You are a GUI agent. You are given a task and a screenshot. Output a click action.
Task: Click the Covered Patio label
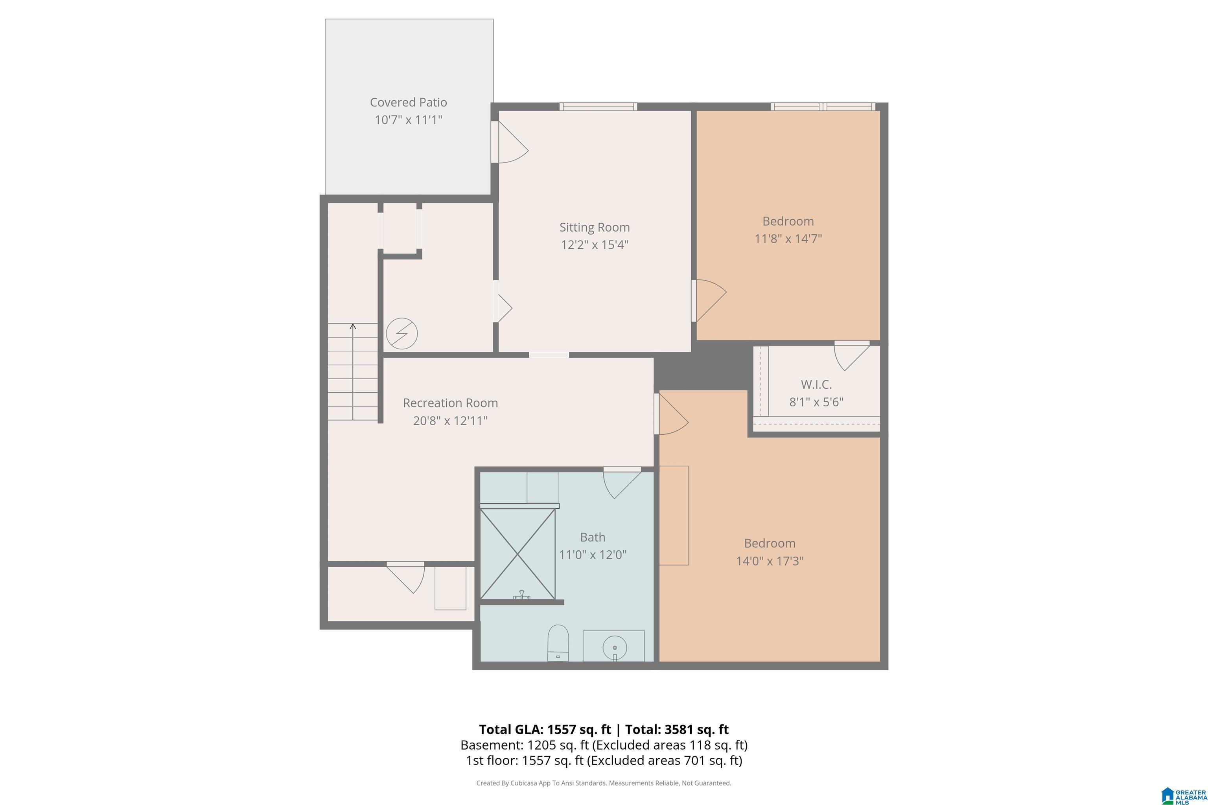(408, 103)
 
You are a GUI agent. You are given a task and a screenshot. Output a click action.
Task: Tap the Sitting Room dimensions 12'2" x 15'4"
(594, 244)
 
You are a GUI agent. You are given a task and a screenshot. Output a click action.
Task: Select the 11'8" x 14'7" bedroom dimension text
(788, 239)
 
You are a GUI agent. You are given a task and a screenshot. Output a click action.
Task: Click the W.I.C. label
(816, 384)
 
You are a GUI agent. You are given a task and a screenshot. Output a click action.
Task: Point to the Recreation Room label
(450, 403)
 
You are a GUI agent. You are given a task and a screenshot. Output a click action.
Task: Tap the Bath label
(593, 537)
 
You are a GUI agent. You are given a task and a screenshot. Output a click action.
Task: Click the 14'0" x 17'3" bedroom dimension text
(770, 561)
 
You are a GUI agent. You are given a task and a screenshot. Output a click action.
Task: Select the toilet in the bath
(558, 642)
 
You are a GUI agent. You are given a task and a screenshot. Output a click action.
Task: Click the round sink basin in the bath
(614, 647)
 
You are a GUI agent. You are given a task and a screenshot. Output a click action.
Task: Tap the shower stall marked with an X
(518, 553)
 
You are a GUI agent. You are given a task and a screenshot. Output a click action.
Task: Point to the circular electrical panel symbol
(401, 334)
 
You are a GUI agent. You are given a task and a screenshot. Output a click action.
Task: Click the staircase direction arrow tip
(353, 324)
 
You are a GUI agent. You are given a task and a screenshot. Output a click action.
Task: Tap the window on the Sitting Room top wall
(598, 107)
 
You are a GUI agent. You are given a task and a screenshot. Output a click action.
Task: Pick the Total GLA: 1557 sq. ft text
(545, 730)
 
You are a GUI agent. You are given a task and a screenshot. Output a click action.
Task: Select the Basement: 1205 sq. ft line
(604, 745)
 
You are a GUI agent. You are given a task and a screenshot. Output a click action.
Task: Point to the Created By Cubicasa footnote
(604, 783)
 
